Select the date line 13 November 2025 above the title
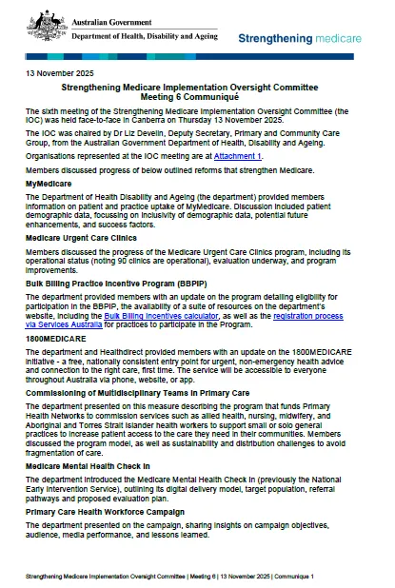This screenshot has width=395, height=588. tap(56, 72)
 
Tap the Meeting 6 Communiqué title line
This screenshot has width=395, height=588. tap(197, 96)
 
